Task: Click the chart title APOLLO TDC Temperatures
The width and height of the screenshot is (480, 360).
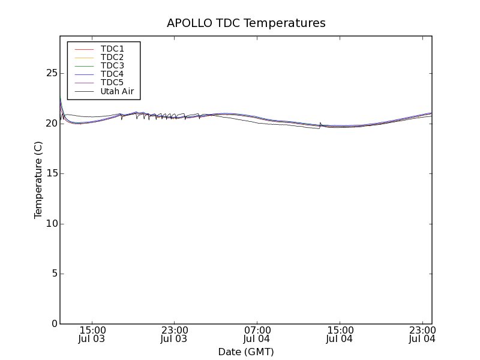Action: [x=246, y=23]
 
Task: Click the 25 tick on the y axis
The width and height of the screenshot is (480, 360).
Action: [x=51, y=73]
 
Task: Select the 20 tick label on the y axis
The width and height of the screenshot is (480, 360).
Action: [x=51, y=123]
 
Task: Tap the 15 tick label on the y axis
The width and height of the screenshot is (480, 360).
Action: [x=51, y=173]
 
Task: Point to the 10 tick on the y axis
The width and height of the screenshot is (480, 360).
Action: [x=51, y=224]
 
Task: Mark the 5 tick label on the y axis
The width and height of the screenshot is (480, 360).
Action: [x=54, y=274]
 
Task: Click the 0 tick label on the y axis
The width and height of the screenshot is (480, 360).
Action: [x=54, y=324]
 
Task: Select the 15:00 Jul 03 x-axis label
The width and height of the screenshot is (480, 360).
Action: [x=92, y=334]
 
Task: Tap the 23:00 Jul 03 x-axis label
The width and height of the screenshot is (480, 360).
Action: [x=175, y=334]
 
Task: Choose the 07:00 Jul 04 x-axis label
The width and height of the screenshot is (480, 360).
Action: [x=257, y=334]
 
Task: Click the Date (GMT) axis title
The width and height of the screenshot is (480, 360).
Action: [x=246, y=352]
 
